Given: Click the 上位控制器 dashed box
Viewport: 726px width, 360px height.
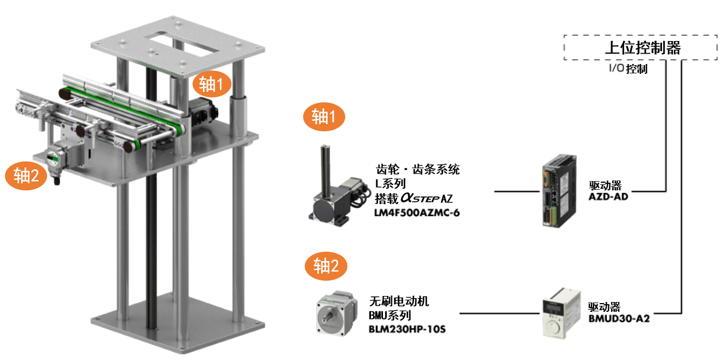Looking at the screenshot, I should click(640, 48).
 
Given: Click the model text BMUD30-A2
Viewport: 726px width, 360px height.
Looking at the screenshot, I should click(619, 318).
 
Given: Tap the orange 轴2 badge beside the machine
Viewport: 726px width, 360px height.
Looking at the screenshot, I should click(26, 175).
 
